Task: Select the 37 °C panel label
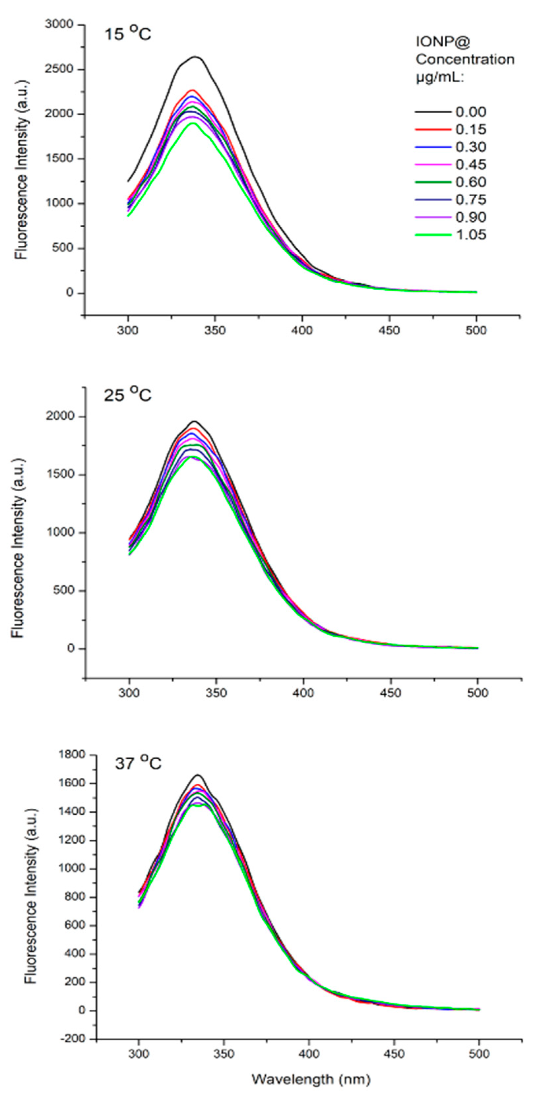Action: [x=138, y=763]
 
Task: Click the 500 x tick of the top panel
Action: [x=476, y=330]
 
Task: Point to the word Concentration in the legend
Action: [x=465, y=59]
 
